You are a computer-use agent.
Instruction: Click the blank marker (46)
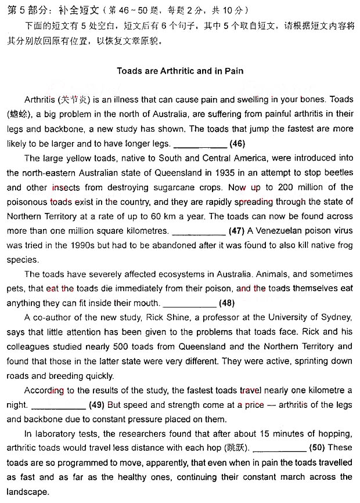click(x=237, y=143)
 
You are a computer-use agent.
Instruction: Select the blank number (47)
click(x=236, y=230)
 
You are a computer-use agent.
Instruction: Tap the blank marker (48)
click(x=227, y=302)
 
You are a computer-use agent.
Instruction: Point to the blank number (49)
click(x=96, y=404)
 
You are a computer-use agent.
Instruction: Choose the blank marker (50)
click(x=317, y=447)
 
